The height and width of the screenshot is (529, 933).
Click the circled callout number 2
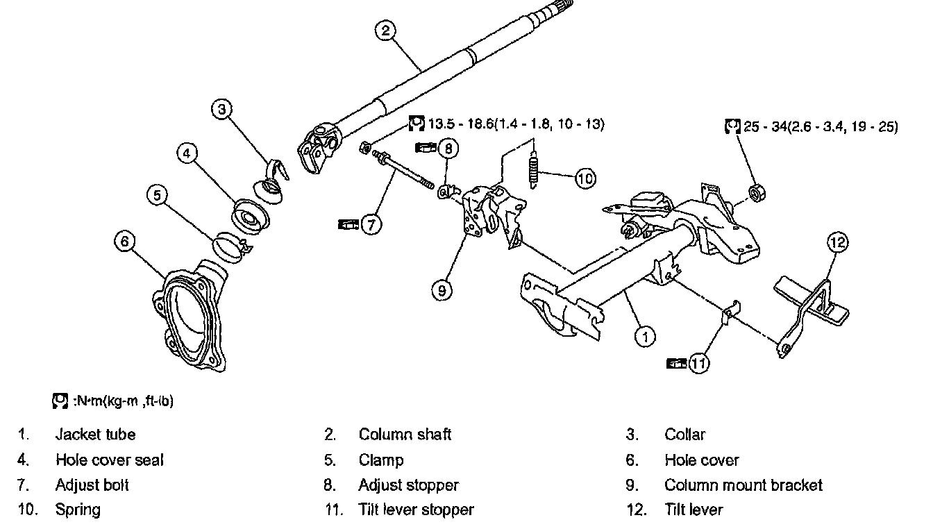pos(385,30)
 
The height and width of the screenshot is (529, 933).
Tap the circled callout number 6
pos(124,241)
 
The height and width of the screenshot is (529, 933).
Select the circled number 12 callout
pos(838,242)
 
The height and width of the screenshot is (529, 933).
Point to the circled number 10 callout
pos(585,178)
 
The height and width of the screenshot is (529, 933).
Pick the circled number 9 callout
pos(442,290)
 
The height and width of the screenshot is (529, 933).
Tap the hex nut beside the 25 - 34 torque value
pos(755,193)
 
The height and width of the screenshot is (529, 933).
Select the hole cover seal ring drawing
pos(249,215)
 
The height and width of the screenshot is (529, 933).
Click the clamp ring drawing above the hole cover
pos(230,246)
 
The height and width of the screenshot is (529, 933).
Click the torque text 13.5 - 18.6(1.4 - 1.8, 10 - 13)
pos(516,124)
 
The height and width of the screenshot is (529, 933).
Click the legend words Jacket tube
pos(95,435)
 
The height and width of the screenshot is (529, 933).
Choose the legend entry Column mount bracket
pos(743,485)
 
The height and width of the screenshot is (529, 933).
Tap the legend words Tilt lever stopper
pos(416,510)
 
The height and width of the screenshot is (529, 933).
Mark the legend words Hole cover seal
pos(110,460)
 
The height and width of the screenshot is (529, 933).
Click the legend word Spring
pos(78,510)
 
